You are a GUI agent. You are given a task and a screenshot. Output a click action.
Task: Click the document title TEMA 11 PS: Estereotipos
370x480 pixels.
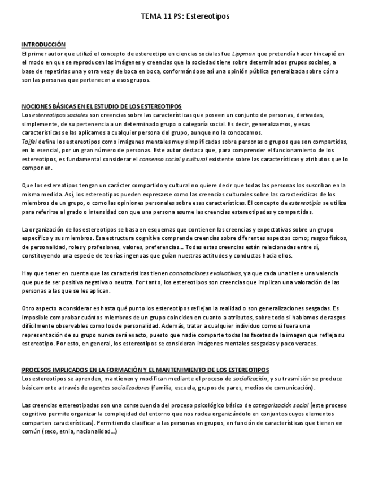pos(185,17)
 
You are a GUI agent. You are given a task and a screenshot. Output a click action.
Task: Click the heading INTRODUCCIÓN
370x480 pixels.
pos(43,45)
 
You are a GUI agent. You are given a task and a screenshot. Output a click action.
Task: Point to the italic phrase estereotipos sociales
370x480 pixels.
pos(54,115)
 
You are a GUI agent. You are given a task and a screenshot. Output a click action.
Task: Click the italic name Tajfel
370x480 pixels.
pos(28,141)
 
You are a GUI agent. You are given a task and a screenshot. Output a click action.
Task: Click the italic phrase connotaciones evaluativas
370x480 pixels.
pos(204,273)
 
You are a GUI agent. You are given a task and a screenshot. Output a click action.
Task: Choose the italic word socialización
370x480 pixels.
pos(250,378)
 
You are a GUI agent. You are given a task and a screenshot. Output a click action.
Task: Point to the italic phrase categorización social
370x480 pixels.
pos(280,405)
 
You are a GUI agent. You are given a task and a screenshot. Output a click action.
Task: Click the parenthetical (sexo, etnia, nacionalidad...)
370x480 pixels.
pos(79,431)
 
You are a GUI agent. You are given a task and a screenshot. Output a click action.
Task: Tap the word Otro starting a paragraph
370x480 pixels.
pos(29,308)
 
